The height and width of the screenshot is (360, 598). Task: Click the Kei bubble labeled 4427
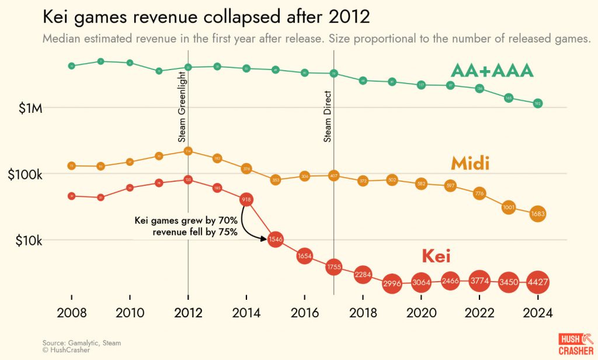pos(538,282)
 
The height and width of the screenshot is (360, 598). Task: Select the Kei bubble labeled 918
pos(246,200)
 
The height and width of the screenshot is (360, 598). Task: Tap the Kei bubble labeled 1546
pos(276,239)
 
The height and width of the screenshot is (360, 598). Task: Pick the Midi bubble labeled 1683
pos(538,214)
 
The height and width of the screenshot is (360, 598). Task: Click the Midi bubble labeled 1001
pos(509,207)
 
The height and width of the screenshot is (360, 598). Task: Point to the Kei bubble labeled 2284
pos(363,274)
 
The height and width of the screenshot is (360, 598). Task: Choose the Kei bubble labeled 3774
pos(479,281)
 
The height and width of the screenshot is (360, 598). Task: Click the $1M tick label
pos(25,108)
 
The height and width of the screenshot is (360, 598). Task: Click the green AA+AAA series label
pos(492,71)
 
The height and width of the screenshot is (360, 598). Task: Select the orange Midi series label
pos(470,164)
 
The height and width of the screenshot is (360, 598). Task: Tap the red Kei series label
pos(436,257)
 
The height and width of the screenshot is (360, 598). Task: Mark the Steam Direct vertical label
pos(328,116)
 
